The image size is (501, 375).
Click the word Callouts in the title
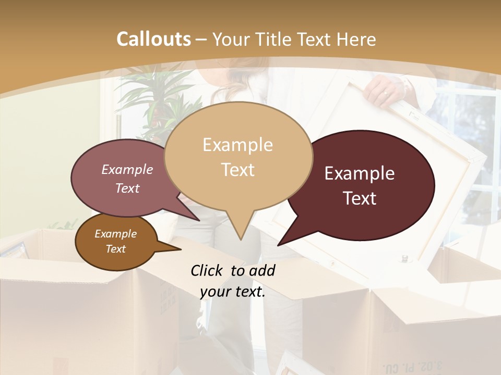[x=153, y=39]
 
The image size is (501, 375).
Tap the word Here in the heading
[x=356, y=40]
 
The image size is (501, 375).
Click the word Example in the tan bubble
[x=237, y=145]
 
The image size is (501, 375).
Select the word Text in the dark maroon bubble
[x=360, y=198]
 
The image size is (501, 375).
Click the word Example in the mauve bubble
[x=127, y=170]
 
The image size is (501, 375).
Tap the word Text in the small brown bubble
[x=115, y=249]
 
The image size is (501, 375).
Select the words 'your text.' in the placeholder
[x=232, y=292]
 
